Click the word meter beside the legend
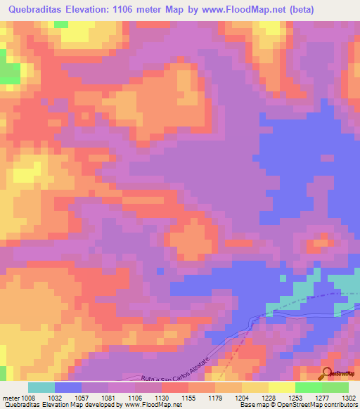pos(11,397)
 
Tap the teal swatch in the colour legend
pos(41,387)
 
